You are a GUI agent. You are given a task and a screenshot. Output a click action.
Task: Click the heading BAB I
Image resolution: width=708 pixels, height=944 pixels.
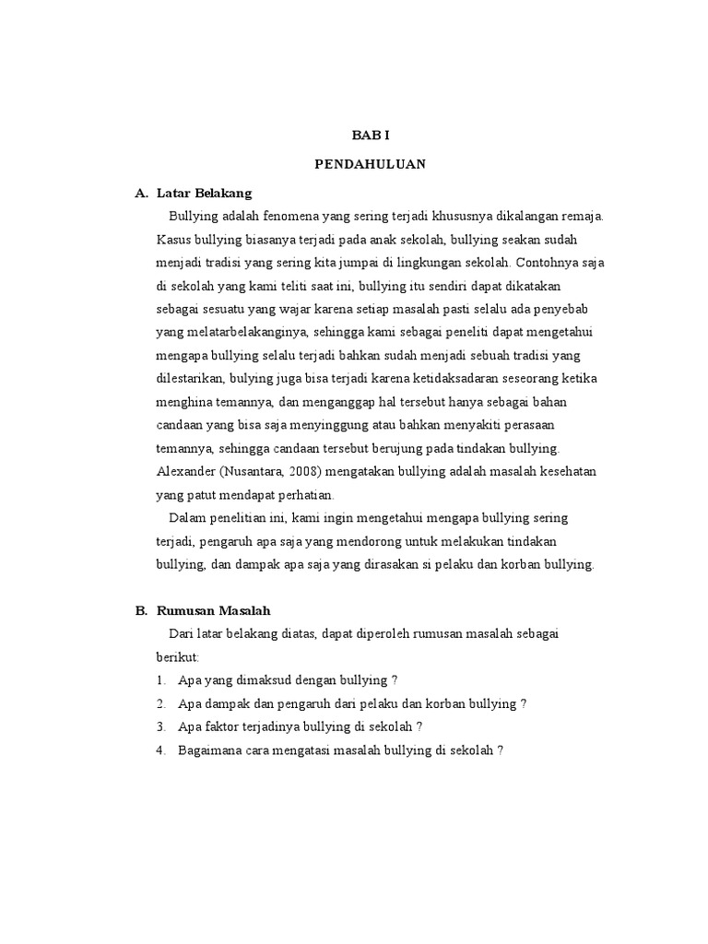pos(371,135)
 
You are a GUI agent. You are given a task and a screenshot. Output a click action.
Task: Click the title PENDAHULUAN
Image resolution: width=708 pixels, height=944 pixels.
pos(370,164)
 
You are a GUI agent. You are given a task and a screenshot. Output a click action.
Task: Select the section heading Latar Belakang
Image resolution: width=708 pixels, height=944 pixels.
pos(204,194)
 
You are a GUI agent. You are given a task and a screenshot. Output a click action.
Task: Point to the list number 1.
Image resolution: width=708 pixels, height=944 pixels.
pos(161,680)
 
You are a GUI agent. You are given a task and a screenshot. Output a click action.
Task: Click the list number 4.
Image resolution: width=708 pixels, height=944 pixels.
pos(161,749)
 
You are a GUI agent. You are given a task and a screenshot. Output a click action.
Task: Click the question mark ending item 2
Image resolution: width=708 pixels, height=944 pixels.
pos(524,703)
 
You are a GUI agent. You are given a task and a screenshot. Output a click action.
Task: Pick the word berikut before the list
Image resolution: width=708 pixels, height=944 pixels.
pos(177,656)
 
